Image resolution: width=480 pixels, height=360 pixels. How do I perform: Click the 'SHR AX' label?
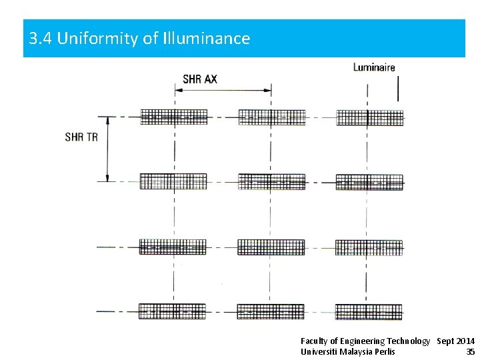tap(200, 79)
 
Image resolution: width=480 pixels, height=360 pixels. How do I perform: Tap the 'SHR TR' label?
tap(81, 137)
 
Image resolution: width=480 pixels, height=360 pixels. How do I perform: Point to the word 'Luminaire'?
tap(374, 67)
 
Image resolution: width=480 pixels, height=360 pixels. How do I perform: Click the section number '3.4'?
tap(41, 39)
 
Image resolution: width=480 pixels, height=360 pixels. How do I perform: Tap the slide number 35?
tap(470, 351)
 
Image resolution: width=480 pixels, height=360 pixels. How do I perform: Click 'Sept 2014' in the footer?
tap(456, 341)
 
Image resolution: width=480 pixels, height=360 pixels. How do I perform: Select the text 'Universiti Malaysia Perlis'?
tap(347, 351)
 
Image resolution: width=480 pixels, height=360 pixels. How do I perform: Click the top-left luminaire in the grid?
tap(173, 117)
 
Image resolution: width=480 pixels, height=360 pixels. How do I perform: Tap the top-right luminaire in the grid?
tap(369, 117)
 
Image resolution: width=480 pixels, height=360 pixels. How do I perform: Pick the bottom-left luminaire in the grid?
tap(173, 311)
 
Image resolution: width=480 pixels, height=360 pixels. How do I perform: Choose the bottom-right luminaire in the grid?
tap(369, 311)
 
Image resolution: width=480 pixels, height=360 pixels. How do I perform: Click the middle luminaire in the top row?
tap(271, 117)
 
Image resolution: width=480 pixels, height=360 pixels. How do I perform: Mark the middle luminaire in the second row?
tap(271, 181)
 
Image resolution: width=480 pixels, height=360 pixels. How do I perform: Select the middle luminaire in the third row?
tap(271, 247)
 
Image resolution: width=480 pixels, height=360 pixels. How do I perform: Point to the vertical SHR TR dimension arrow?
tap(107, 149)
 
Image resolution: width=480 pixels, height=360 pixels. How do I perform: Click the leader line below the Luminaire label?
tap(397, 88)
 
